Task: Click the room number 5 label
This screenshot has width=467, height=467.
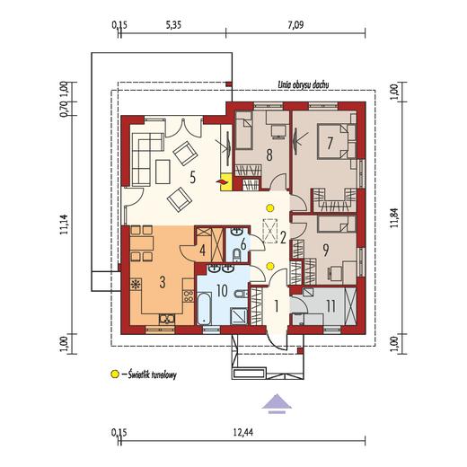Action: point(192,177)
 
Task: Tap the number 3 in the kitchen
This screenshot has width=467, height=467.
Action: point(163,282)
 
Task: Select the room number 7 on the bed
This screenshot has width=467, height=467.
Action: point(330,143)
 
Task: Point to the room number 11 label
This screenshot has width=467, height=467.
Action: point(330,306)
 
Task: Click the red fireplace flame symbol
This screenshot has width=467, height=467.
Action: point(221,181)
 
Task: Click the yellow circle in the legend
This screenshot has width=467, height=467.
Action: point(115,374)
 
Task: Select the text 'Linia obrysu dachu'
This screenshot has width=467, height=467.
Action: point(304,84)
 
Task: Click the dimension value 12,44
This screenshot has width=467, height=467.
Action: point(242,432)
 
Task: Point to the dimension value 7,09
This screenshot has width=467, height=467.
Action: point(295,24)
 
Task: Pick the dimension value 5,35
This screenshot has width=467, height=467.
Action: point(173,24)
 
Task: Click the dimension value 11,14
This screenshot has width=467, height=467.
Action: point(65,225)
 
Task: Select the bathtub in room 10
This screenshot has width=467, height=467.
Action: point(204,309)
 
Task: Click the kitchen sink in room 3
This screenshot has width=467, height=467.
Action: point(166,319)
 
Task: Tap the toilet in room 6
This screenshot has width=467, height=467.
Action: point(237,254)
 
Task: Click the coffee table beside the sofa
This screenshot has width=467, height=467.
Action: point(163,172)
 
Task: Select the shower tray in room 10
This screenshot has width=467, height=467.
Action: point(239,317)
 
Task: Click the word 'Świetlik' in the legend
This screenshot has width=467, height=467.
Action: point(138,374)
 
